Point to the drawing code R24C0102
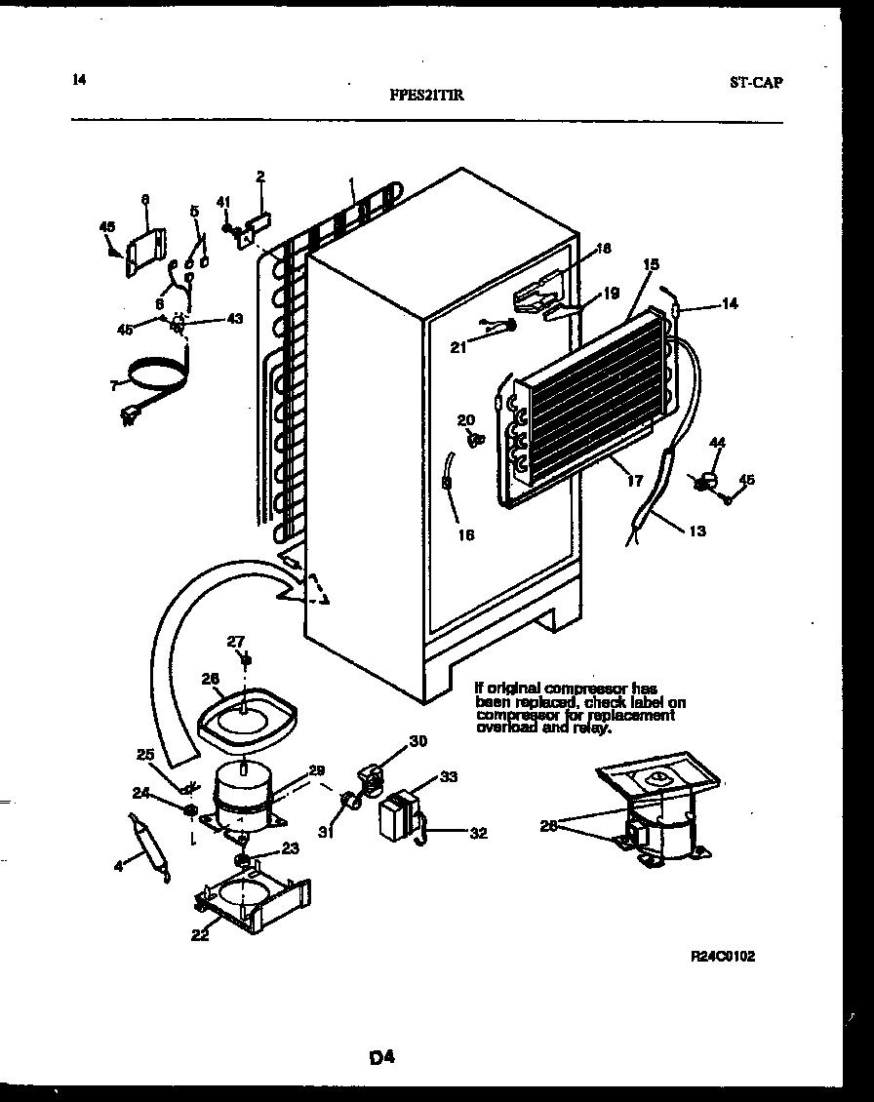pyautogui.click(x=723, y=957)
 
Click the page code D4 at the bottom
pyautogui.click(x=381, y=1056)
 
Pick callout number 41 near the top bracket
pyautogui.click(x=222, y=202)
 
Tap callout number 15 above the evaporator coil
pyautogui.click(x=652, y=263)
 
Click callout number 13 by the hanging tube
pyautogui.click(x=696, y=531)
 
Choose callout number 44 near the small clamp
pyautogui.click(x=718, y=444)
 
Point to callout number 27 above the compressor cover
pyautogui.click(x=236, y=641)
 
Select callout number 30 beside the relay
pyautogui.click(x=417, y=741)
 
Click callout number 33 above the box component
pyautogui.click(x=448, y=776)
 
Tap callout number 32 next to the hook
pyautogui.click(x=478, y=833)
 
